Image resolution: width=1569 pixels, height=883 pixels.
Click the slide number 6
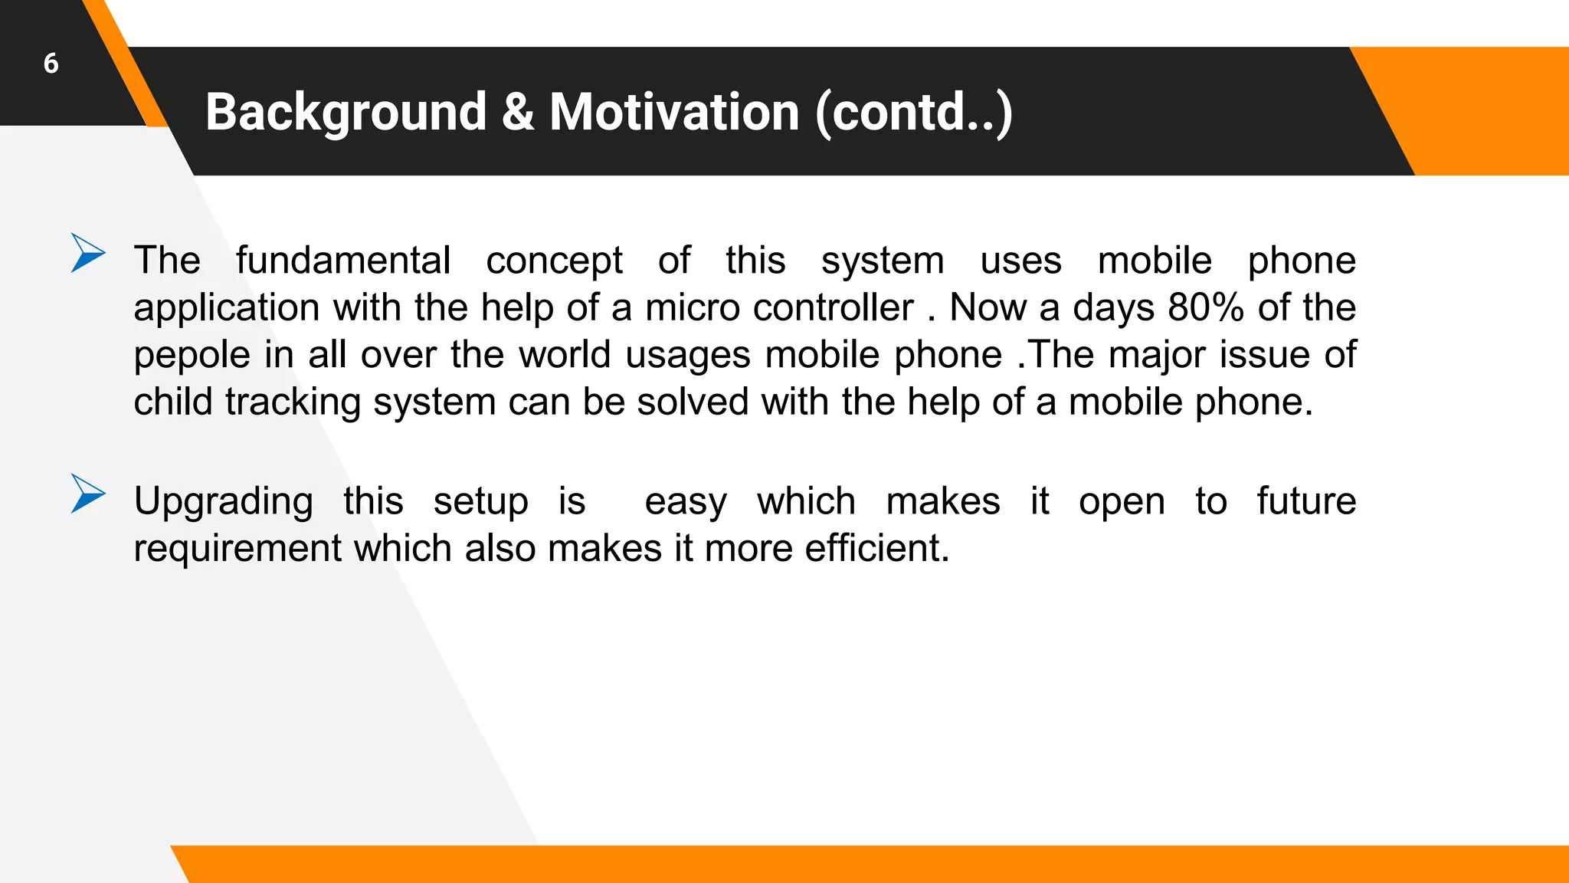51,64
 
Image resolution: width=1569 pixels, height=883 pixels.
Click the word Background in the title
346,113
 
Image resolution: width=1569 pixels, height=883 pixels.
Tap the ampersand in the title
518,113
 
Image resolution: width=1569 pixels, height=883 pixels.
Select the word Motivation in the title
674,113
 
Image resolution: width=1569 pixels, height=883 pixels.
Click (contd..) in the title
914,113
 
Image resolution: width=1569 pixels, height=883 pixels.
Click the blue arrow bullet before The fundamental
87,253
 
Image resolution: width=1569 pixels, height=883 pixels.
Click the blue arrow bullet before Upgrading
87,494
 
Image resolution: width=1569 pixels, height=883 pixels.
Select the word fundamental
342,261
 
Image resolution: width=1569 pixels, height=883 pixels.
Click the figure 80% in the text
1206,308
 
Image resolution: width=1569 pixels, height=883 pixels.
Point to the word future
1306,501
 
